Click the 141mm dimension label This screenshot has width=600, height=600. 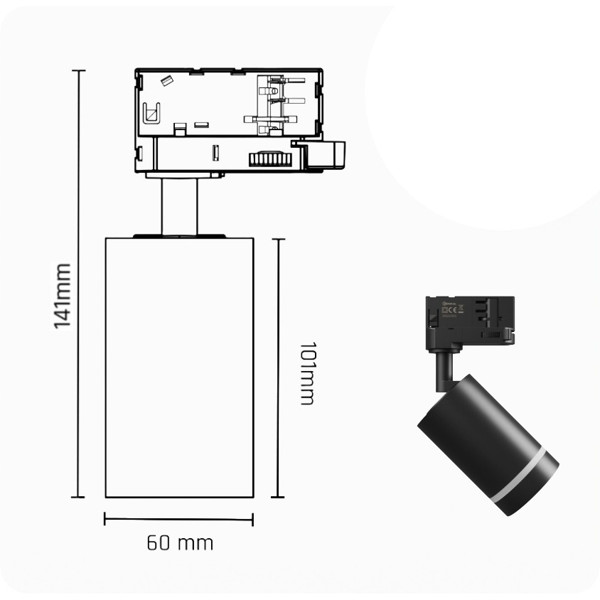tap(63, 296)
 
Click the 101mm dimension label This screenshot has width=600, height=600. tap(307, 373)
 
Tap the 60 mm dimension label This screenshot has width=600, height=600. tap(180, 543)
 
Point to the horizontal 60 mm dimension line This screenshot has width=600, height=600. tap(178, 519)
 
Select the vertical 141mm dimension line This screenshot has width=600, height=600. tap(78, 284)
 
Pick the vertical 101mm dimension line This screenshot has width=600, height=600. tap(278, 368)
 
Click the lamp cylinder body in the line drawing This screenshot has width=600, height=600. tap(179, 368)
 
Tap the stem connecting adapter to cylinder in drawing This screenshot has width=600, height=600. tap(179, 207)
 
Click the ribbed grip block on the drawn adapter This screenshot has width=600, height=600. tap(270, 159)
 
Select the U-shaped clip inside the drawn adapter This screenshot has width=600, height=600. tap(151, 113)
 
